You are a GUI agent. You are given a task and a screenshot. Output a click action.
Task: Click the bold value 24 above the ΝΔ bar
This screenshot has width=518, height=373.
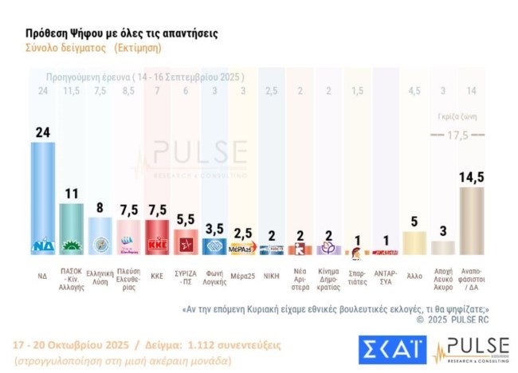point(43,132)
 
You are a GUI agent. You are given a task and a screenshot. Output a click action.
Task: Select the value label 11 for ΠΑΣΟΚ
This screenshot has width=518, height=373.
point(72,194)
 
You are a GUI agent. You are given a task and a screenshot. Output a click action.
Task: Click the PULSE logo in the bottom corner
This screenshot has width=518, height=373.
point(471,347)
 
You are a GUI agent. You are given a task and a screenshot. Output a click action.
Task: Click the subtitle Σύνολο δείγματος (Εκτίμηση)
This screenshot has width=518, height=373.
point(92,48)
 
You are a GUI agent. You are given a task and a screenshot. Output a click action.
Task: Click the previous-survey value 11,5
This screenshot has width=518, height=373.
point(72,90)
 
